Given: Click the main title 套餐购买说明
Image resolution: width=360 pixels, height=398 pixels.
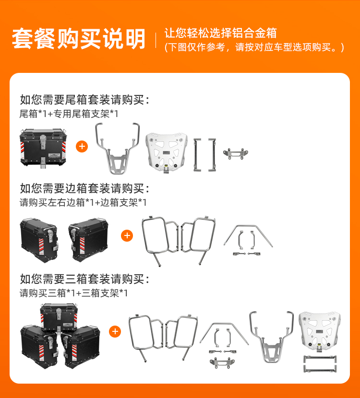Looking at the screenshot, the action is pyautogui.click(x=79, y=38).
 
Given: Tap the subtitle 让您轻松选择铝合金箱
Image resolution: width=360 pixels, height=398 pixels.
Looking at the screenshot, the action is pyautogui.click(x=220, y=33).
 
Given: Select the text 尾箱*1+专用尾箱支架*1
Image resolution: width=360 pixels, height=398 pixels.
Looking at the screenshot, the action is pyautogui.click(x=69, y=114).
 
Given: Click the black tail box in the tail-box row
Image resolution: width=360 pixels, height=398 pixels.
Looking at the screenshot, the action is pyautogui.click(x=43, y=148).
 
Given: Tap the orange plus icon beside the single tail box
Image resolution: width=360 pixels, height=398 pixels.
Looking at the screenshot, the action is pyautogui.click(x=82, y=146).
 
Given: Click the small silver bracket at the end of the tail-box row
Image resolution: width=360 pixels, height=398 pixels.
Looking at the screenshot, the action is pyautogui.click(x=236, y=153).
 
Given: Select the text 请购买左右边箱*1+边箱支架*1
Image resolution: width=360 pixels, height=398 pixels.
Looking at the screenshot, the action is pyautogui.click(x=83, y=202).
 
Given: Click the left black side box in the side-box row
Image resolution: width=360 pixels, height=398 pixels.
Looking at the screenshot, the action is pyautogui.click(x=39, y=240).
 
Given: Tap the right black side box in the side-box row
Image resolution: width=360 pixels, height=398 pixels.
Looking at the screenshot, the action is pyautogui.click(x=88, y=239).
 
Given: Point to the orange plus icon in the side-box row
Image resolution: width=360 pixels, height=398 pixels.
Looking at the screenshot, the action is pyautogui.click(x=127, y=235).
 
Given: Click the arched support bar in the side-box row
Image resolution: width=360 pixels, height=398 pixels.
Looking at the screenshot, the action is pyautogui.click(x=248, y=226).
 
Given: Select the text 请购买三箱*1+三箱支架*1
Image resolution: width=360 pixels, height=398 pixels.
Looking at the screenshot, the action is pyautogui.click(x=73, y=293).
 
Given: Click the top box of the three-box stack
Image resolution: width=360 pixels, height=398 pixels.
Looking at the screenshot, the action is pyautogui.click(x=59, y=317).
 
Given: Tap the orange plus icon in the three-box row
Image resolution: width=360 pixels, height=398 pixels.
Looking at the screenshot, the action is pyautogui.click(x=115, y=331).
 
